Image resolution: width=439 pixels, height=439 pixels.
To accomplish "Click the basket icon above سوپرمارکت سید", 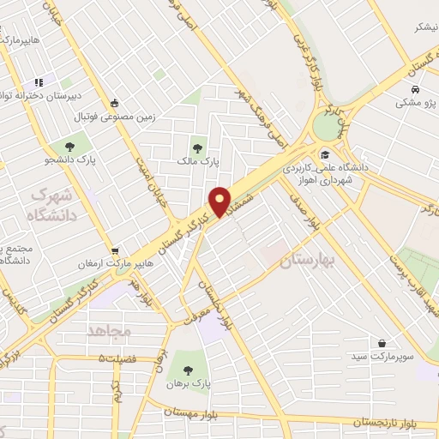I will coord(381,340).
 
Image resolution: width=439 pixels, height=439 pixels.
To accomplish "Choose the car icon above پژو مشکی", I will coord(416,90).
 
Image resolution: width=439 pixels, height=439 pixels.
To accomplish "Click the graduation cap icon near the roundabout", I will coord(324,154).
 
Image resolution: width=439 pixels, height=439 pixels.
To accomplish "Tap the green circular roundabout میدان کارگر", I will coord(326,127).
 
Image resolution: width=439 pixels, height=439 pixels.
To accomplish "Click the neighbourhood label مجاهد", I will coord(107,329).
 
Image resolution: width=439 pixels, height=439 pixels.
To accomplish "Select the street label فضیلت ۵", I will coord(117,358).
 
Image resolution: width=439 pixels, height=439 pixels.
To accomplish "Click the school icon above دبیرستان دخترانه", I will coord(39,82).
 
